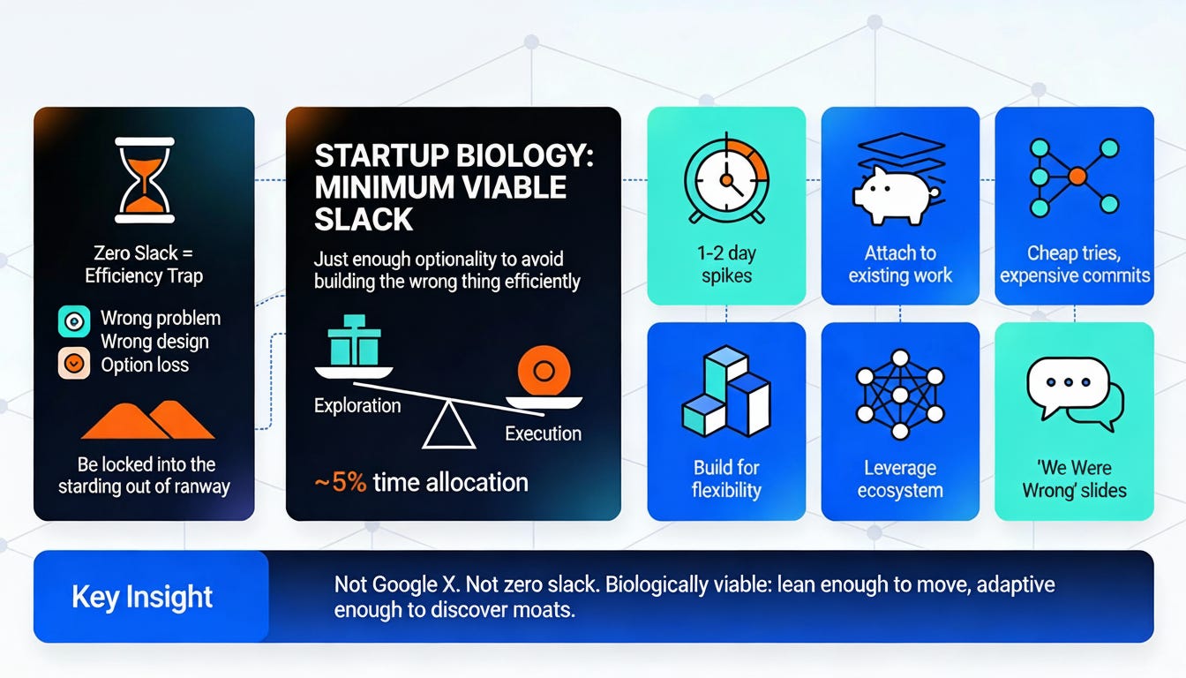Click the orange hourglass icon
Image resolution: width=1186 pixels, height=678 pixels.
tap(144, 179)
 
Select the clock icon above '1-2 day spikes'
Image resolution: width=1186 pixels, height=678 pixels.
tap(725, 179)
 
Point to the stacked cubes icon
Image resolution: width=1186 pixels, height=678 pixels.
tap(725, 393)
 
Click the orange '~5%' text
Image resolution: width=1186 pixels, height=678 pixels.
tap(341, 483)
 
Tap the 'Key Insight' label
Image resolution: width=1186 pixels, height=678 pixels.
tap(142, 597)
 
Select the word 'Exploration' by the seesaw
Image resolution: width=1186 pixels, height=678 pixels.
tap(357, 406)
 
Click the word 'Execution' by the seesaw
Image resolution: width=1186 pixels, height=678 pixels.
tap(543, 433)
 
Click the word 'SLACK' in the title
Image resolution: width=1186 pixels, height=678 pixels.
tap(364, 218)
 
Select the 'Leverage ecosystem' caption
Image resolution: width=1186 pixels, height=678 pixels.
tap(899, 479)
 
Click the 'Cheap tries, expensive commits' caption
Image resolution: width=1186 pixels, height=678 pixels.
tap(1074, 264)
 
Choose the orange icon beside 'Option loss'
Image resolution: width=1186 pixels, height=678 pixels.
tap(73, 363)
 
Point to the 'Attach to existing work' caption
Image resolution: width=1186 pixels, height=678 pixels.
tap(899, 264)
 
